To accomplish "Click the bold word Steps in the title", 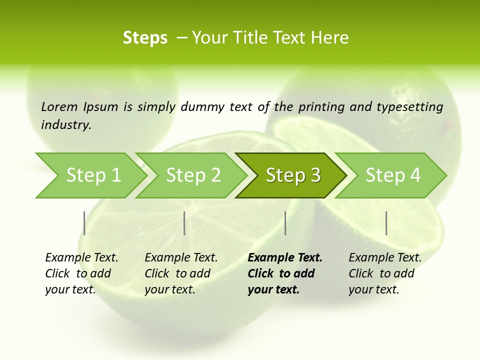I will pyautogui.click(x=145, y=38).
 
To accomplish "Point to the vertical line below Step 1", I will pyautogui.click(x=84, y=223).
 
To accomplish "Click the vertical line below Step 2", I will pyautogui.click(x=184, y=223).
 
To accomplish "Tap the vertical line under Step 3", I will pyautogui.click(x=285, y=223).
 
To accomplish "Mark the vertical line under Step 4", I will pyautogui.click(x=386, y=223).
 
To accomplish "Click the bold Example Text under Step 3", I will pyautogui.click(x=285, y=258).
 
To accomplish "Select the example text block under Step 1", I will pyautogui.click(x=81, y=273).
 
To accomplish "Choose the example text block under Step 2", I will pyautogui.click(x=180, y=273).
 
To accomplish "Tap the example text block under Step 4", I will pyautogui.click(x=384, y=273).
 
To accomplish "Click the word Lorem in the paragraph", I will pyautogui.click(x=59, y=106).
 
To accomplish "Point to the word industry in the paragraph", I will pyautogui.click(x=66, y=124).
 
